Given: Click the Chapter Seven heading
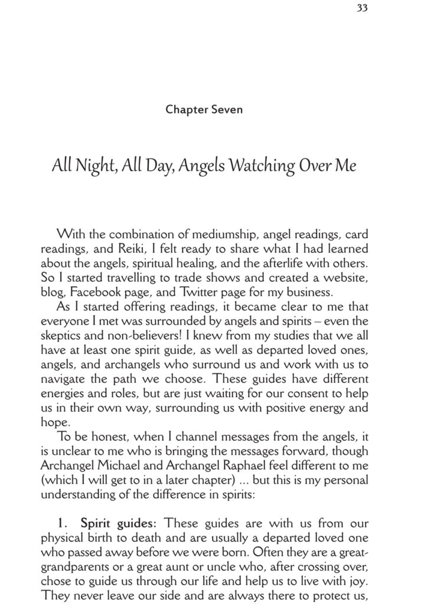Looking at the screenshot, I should tap(204, 109).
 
